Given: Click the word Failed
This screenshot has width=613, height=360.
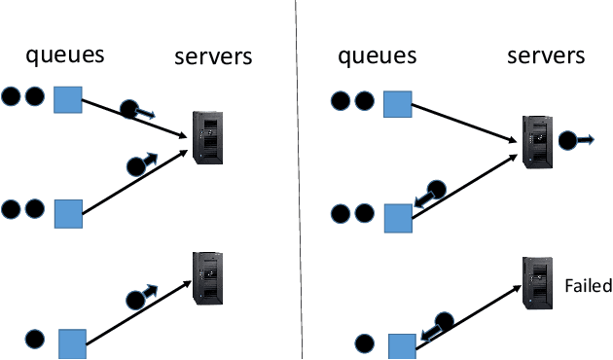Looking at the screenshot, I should [588, 285].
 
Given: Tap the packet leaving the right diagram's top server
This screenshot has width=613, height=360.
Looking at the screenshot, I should [567, 140].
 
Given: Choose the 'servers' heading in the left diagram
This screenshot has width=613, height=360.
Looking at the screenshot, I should [213, 56].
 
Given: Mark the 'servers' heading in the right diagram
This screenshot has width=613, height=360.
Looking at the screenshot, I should [546, 55].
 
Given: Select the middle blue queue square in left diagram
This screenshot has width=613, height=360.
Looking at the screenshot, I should [68, 213].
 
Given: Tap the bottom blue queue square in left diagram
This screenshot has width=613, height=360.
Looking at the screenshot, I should [73, 343].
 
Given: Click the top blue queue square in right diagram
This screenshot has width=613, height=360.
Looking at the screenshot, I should [397, 103].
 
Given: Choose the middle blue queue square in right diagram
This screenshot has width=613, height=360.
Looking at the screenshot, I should [398, 218].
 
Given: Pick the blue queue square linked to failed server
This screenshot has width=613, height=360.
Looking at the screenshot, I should [402, 346].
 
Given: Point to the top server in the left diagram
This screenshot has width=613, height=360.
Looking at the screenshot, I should [207, 137].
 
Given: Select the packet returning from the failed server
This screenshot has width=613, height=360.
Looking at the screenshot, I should [443, 321].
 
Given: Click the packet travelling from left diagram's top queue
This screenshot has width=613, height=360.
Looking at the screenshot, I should [129, 109].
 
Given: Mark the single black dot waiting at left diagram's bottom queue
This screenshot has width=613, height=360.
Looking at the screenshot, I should [34, 341].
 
